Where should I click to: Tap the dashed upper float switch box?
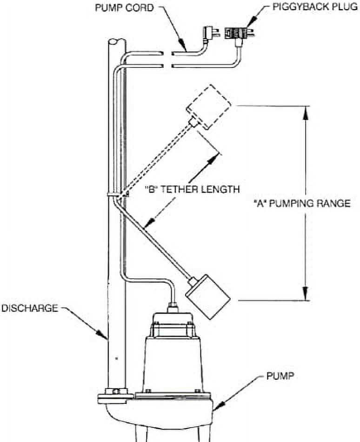click(208, 106)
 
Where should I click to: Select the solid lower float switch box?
click(208, 297)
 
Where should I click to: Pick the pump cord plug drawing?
click(208, 33)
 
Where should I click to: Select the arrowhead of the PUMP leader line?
click(216, 409)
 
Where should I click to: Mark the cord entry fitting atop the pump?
click(173, 307)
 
